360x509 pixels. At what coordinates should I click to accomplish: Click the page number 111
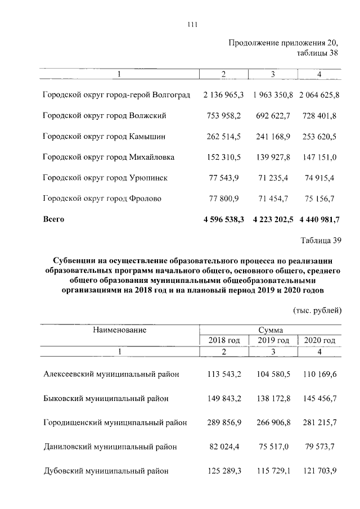point(192,24)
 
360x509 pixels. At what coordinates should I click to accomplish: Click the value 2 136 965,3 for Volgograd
point(223,95)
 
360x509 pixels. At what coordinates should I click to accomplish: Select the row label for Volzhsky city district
point(105,116)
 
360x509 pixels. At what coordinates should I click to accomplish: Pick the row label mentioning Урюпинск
point(105,178)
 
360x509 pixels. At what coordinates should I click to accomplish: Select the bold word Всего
point(54,219)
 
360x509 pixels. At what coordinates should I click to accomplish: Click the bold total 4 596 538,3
point(223,220)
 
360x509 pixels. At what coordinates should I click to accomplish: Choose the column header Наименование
point(119,330)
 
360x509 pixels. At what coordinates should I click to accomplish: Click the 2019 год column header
point(273,341)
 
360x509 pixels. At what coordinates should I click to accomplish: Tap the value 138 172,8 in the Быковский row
point(273,399)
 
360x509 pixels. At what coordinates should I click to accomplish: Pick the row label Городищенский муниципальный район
point(115,423)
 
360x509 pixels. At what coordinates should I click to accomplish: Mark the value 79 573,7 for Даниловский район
point(319,447)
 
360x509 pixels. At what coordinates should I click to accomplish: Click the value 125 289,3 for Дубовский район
point(224,471)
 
